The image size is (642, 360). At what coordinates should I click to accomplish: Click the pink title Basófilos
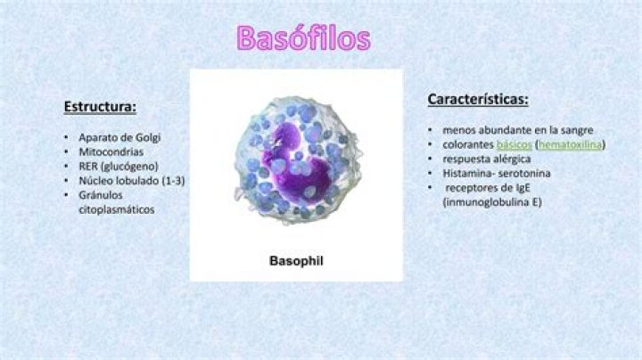(x=304, y=38)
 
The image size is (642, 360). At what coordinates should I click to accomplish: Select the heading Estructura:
(x=100, y=107)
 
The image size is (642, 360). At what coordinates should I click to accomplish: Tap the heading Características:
(x=478, y=100)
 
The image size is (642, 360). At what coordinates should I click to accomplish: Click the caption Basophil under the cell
(x=296, y=261)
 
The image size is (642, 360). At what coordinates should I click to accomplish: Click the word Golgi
(x=148, y=138)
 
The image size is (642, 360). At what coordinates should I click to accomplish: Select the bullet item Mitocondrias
(x=111, y=152)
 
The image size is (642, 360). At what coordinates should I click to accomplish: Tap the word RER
(x=88, y=167)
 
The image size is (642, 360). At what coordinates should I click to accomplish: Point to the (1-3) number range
(x=174, y=181)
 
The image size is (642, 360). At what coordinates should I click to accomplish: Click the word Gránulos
(x=100, y=195)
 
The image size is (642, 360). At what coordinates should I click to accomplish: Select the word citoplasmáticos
(x=116, y=210)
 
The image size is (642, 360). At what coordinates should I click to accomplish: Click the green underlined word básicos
(x=514, y=145)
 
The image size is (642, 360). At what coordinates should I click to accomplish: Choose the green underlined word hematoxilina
(x=570, y=145)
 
